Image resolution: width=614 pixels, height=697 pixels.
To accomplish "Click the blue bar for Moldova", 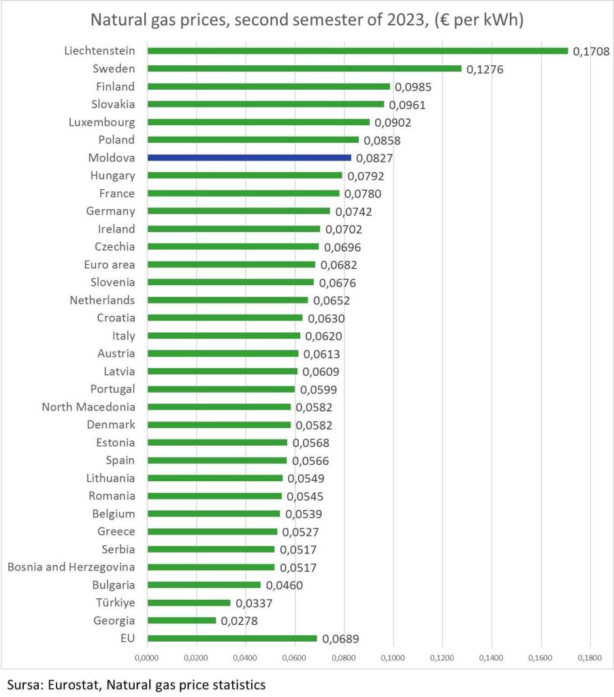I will pos(249,157).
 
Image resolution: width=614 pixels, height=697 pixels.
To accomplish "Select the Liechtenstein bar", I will pos(357,51).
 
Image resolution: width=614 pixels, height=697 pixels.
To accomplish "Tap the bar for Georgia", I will pos(182,621).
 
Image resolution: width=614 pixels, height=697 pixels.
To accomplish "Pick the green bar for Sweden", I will pos(304,69).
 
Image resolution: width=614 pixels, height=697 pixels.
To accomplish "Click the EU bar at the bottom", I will pos(232,638).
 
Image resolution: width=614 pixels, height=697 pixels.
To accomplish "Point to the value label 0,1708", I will pos(591,51).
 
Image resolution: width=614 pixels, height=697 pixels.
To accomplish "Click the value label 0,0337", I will pos(253,603).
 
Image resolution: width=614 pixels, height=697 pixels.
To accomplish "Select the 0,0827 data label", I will pos(374,158).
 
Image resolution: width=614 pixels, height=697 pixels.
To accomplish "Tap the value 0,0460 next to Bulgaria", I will pos(284,585).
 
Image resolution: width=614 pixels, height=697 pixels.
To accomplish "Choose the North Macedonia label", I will pos(88,407).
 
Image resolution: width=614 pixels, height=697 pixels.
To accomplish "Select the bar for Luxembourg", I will pos(259,122).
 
